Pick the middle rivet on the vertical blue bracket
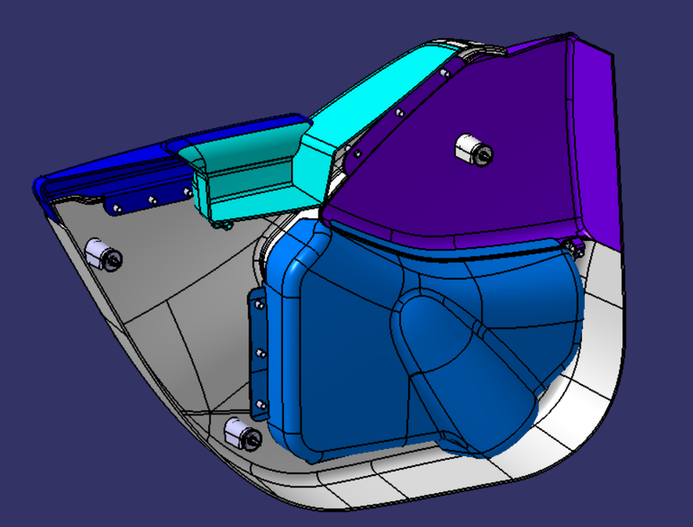pos(259,352)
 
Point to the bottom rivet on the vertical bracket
pos(256,400)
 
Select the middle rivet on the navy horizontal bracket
pos(152,200)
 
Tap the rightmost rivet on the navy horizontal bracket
pos(185,192)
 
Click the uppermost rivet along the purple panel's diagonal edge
pos(444,73)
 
